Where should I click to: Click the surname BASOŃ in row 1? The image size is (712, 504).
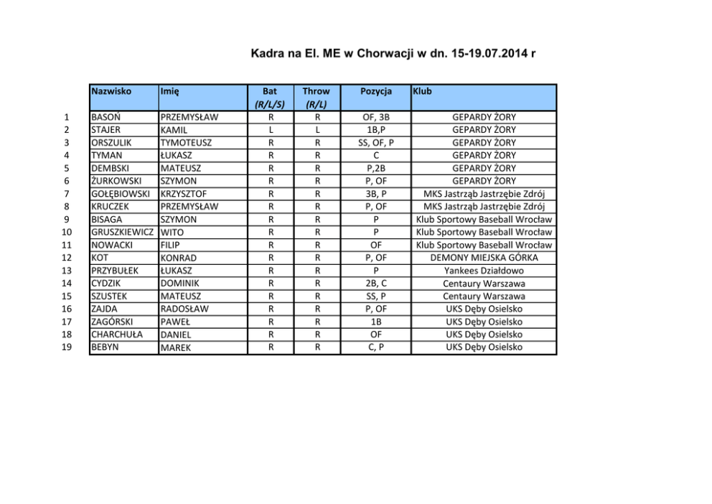click(106, 117)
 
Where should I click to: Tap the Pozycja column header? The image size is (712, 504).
click(376, 92)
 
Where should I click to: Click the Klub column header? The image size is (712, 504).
click(423, 92)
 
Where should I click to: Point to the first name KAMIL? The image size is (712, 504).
click(174, 130)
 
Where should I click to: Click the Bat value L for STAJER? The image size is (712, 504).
click(270, 130)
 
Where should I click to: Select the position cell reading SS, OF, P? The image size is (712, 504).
click(376, 143)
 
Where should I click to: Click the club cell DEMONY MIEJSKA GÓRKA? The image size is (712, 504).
click(483, 258)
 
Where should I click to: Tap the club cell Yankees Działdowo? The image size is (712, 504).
click(483, 271)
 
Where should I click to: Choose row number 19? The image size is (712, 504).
click(66, 347)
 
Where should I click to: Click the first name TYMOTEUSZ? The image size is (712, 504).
click(186, 143)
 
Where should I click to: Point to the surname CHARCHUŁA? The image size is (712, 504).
click(116, 335)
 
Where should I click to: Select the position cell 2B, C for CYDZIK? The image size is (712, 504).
click(376, 284)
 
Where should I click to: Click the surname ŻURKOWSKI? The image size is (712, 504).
click(116, 181)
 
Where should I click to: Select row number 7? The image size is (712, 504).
click(66, 194)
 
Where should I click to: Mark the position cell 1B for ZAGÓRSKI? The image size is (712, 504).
click(376, 322)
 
